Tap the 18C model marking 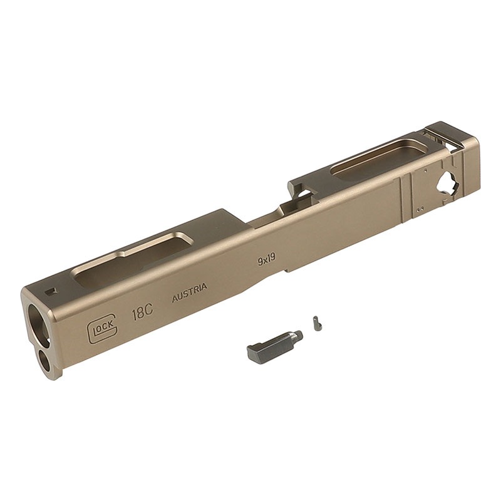click(143, 312)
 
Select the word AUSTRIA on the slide click(190, 292)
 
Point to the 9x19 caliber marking click(267, 259)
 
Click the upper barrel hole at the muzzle click(39, 325)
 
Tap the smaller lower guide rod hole click(44, 359)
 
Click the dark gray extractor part click(274, 343)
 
